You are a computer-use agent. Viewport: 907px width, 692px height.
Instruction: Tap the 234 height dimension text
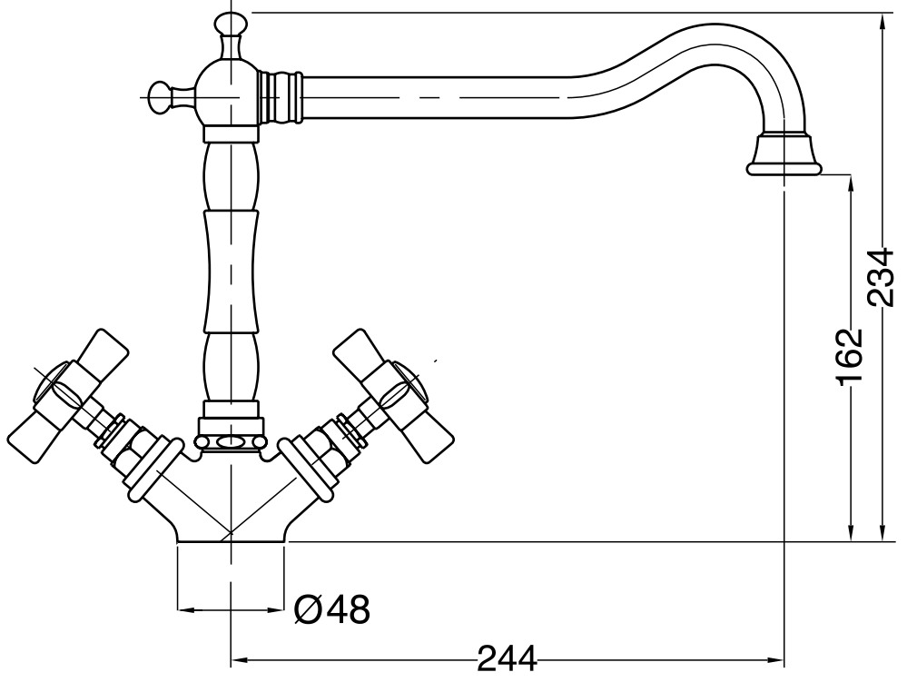(881, 276)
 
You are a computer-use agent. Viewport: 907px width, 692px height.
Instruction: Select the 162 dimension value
(850, 357)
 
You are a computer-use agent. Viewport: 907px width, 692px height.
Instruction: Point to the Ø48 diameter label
(333, 609)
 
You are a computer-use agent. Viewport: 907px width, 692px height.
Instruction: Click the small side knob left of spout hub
(164, 94)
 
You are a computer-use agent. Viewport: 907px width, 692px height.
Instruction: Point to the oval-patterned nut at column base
(232, 440)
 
